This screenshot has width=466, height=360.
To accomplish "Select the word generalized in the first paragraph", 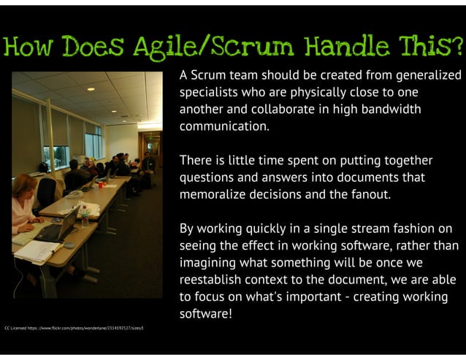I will pos(429,75).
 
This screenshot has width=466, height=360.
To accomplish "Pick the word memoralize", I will pos(215,195).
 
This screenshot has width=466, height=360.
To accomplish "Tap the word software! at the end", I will pos(207,314).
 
